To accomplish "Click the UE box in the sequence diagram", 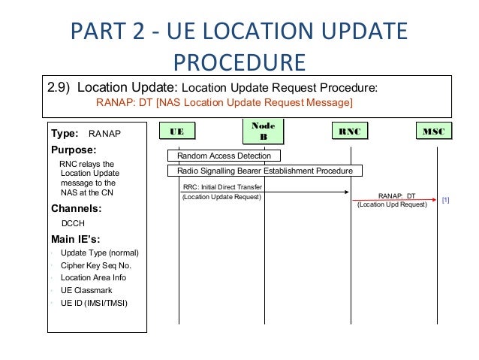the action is (x=177, y=132).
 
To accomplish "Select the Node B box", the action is (x=264, y=132).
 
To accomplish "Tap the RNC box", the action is (x=349, y=132).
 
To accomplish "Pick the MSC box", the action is (x=434, y=132).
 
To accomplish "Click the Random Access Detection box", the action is (x=224, y=156).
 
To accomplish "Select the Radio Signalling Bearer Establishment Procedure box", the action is (x=264, y=171).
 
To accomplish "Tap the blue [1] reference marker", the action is (x=445, y=200).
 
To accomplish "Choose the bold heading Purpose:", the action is (x=74, y=150).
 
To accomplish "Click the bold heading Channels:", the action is (x=77, y=208).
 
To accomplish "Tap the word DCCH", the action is (x=73, y=223).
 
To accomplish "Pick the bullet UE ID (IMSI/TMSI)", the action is (x=94, y=303).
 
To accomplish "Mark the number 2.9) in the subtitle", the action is (x=60, y=86).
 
